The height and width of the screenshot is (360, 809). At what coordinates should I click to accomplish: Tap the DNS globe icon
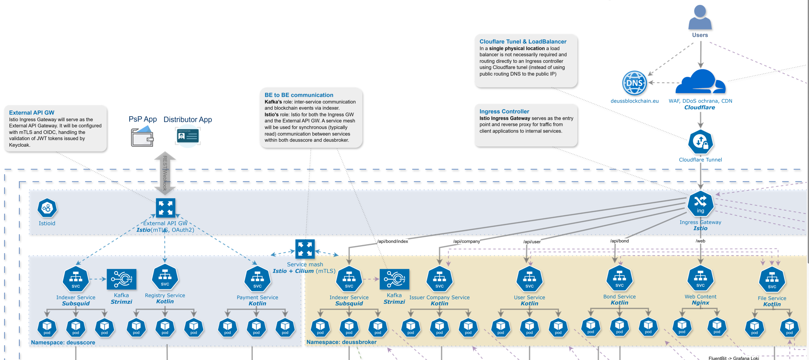coord(634,83)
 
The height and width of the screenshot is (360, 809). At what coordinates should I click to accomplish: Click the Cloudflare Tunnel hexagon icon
coord(700,142)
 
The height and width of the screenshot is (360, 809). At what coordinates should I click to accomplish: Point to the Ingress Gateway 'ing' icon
coord(700,204)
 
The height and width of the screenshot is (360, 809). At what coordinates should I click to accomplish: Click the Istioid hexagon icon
coord(47,208)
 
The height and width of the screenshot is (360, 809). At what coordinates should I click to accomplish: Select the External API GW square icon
coord(165,208)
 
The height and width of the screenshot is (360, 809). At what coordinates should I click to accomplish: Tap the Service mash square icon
coord(305,249)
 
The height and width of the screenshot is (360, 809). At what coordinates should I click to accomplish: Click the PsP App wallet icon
coord(142,136)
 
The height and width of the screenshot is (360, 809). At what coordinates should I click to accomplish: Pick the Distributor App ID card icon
coord(188,136)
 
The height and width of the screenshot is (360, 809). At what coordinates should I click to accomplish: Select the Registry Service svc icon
coord(165,277)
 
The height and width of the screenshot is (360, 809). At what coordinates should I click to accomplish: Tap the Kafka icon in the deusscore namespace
coord(122,279)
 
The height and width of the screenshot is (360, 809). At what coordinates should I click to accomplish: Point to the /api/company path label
coord(466,241)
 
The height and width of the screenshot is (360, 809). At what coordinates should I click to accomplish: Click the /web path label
coord(700,241)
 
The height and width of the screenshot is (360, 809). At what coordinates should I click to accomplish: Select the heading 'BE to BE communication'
coord(299,95)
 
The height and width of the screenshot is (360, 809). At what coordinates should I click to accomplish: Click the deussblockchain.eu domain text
coord(634,101)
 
